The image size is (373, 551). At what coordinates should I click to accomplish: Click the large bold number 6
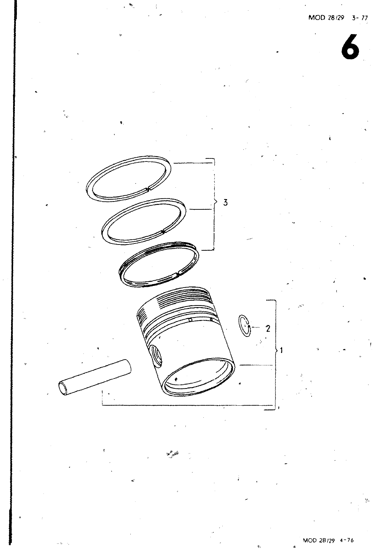(350, 47)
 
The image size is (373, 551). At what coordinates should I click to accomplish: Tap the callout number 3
(225, 202)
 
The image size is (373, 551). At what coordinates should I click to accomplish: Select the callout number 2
(268, 329)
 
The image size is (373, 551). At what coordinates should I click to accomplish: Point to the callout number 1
(281, 350)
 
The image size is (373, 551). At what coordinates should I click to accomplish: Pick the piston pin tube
(95, 377)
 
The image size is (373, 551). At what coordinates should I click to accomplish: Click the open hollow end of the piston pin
(63, 389)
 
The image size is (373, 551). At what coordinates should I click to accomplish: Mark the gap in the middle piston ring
(163, 231)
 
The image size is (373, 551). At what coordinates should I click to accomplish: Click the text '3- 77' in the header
(360, 18)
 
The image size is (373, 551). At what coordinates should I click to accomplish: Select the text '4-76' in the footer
(347, 540)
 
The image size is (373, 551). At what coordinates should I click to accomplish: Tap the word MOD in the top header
(316, 18)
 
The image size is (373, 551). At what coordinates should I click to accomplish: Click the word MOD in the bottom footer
(311, 540)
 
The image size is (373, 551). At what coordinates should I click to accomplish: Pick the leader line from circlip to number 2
(256, 328)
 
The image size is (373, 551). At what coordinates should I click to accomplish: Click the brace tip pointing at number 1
(278, 350)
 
